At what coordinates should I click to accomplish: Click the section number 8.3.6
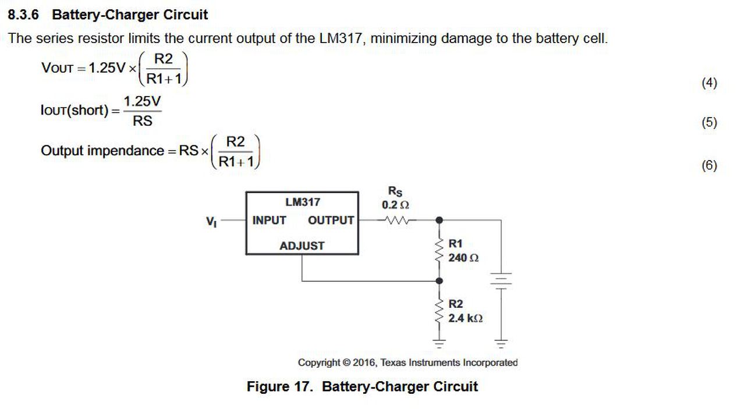[x=23, y=15]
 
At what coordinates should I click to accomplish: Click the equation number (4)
[x=709, y=83]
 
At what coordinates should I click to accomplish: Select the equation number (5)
[x=709, y=122]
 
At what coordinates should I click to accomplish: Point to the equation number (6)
[x=709, y=165]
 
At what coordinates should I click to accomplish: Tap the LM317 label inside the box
[x=303, y=202]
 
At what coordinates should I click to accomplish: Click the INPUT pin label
[x=269, y=220]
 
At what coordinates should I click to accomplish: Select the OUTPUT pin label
[x=331, y=220]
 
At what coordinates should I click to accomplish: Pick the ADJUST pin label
[x=302, y=246]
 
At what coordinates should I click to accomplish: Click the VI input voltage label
[x=211, y=222]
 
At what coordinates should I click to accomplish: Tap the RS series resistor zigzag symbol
[x=396, y=220]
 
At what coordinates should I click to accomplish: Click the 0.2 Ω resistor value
[x=395, y=205]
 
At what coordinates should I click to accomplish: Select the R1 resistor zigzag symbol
[x=439, y=250]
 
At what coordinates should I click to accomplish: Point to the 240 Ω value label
[x=463, y=258]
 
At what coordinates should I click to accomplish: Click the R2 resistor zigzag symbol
[x=439, y=311]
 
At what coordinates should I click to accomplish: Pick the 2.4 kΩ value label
[x=465, y=318]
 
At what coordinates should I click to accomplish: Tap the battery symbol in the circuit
[x=501, y=281]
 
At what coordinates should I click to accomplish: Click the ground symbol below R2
[x=439, y=343]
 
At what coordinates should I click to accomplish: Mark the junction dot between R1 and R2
[x=439, y=281]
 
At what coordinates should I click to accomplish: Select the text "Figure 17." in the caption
[x=280, y=386]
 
